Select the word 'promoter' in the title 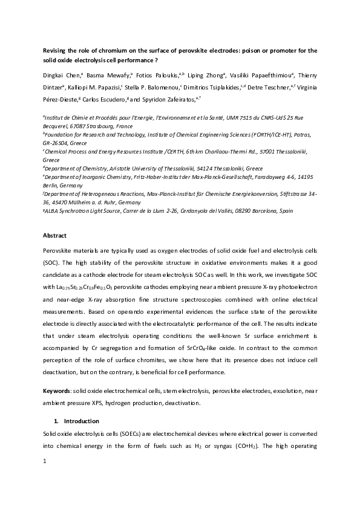click(x=283, y=51)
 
